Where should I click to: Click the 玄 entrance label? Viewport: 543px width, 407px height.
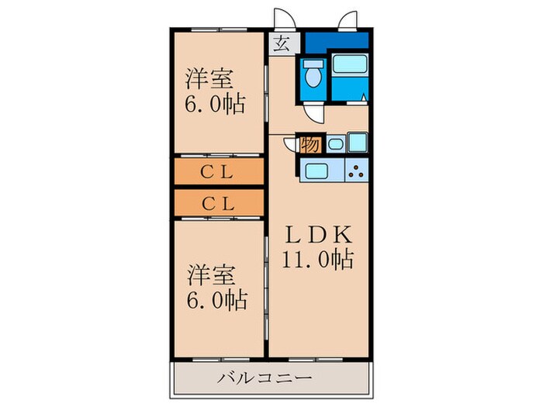pos(281,44)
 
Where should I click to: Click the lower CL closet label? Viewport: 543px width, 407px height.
pos(218,203)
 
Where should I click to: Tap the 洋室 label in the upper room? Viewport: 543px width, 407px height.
pos(208,78)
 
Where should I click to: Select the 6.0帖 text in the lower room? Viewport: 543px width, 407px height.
pos(214,300)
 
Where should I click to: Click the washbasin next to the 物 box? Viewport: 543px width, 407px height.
pos(334,144)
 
